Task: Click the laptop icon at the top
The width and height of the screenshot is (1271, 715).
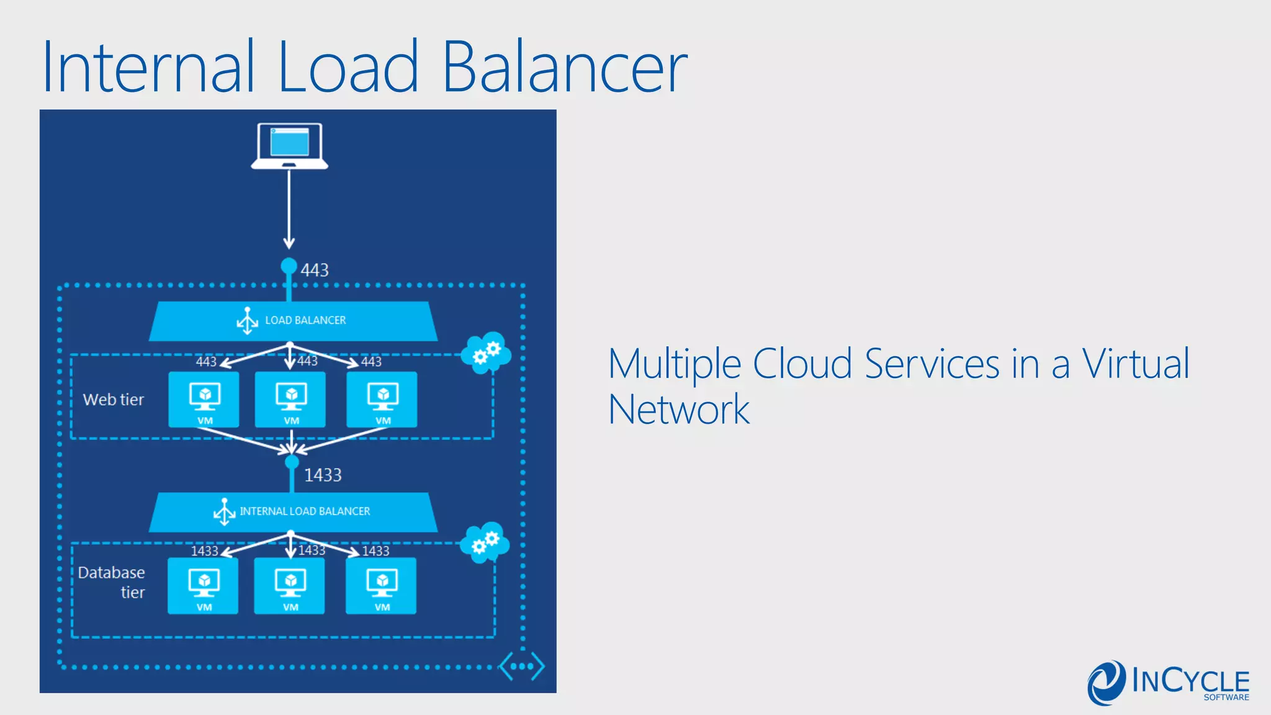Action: [289, 146]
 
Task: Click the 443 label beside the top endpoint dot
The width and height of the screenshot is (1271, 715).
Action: [315, 270]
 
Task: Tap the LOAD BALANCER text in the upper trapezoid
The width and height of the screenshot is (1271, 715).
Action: [305, 320]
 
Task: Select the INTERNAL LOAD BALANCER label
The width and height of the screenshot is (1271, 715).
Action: [305, 511]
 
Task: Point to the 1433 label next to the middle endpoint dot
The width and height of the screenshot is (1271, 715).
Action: [323, 475]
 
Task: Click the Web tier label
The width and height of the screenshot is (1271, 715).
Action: [114, 400]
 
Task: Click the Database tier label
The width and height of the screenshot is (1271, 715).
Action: [112, 582]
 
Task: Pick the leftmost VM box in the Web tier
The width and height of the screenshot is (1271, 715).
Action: [204, 400]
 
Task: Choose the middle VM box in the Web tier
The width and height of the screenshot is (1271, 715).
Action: [290, 400]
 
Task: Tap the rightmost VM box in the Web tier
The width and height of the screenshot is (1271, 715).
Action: [382, 400]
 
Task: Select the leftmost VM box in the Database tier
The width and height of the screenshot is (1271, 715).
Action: [203, 586]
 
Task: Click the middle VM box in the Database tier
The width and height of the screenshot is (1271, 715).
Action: [290, 586]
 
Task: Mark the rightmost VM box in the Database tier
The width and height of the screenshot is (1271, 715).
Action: [381, 586]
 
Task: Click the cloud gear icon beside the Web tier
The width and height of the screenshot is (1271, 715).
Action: [486, 353]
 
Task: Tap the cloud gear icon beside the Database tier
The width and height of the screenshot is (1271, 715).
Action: [485, 542]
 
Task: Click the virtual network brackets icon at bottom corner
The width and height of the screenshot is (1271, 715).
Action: [522, 666]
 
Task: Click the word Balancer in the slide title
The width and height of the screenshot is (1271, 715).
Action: [564, 66]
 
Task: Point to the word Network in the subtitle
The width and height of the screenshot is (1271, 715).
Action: [679, 410]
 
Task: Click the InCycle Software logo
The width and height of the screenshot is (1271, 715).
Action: [1168, 682]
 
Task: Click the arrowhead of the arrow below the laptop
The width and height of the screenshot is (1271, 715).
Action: [289, 243]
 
